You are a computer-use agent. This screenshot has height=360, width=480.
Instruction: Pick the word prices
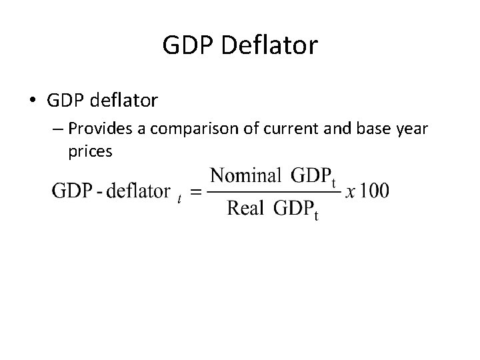(x=90, y=152)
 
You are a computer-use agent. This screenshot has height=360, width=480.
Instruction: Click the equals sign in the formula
(x=195, y=192)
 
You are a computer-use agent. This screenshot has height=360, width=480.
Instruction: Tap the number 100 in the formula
(x=375, y=191)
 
